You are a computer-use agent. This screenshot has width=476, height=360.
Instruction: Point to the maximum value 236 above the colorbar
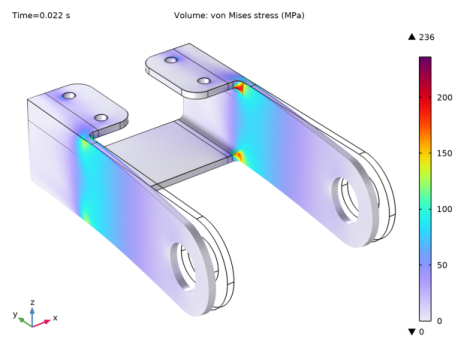coord(431,37)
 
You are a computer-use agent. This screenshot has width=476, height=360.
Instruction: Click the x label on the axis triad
coord(55,318)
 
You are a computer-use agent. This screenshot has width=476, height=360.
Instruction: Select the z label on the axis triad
coord(34,299)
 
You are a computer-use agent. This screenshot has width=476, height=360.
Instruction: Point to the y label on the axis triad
coord(15,314)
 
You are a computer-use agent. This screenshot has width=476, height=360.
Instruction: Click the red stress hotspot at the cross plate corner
coord(239,156)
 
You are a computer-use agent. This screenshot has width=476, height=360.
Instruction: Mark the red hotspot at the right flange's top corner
coord(239,88)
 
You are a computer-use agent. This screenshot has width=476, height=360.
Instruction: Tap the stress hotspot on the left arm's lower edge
coord(87,215)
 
